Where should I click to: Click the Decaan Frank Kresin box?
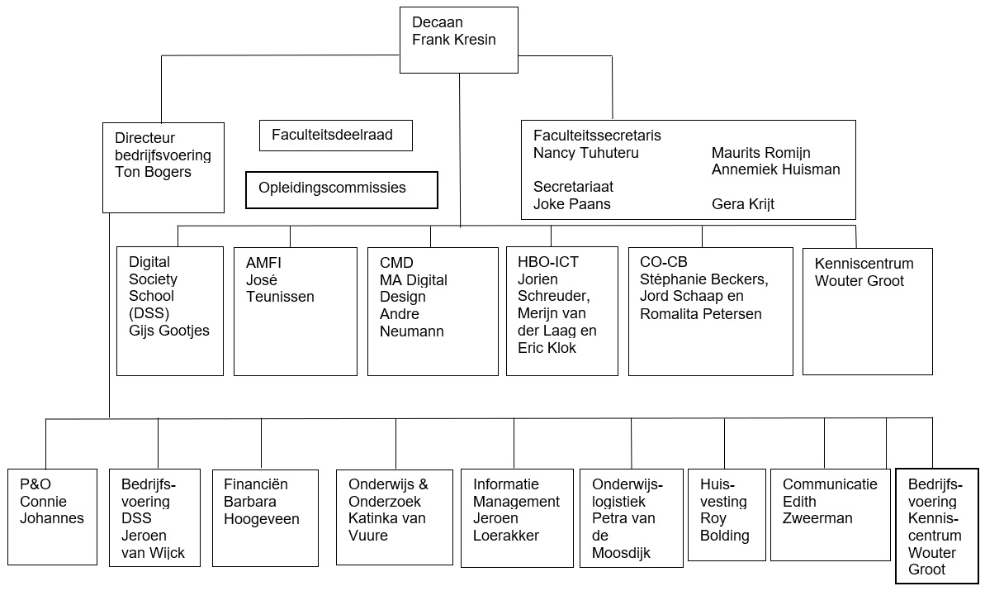[x=459, y=41]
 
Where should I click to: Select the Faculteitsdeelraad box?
[x=336, y=136]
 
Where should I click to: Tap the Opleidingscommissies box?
[x=342, y=190]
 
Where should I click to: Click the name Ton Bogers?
[x=154, y=172]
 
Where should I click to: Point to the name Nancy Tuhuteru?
[x=586, y=153]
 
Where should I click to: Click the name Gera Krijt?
[x=743, y=204]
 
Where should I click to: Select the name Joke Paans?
[x=572, y=204]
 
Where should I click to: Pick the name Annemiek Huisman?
[x=776, y=169]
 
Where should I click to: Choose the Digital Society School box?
[x=170, y=312]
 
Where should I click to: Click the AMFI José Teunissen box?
[x=296, y=312]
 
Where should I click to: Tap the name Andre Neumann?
[x=412, y=322]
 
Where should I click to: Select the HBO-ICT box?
[x=562, y=312]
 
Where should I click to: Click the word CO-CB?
[x=663, y=262]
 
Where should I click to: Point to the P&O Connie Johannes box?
[x=53, y=517]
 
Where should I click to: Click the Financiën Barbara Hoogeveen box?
[x=266, y=518]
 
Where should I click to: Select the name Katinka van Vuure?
[x=387, y=527]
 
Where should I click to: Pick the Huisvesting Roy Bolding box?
[x=727, y=515]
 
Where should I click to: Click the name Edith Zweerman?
[x=817, y=510]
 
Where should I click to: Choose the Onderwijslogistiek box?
[x=632, y=519]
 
